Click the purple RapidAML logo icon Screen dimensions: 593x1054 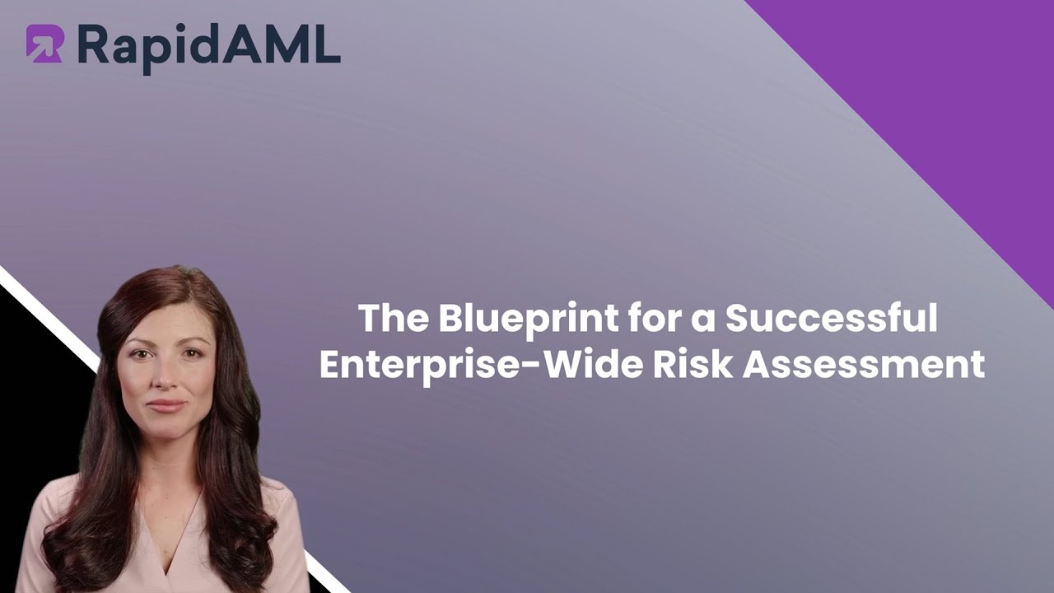(x=44, y=44)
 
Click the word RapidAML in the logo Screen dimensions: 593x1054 (x=208, y=45)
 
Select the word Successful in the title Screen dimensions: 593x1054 (x=831, y=319)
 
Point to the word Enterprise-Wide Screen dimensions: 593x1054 (x=480, y=365)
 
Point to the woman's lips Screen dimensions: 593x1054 (x=167, y=406)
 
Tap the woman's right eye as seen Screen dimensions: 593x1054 (x=191, y=354)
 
